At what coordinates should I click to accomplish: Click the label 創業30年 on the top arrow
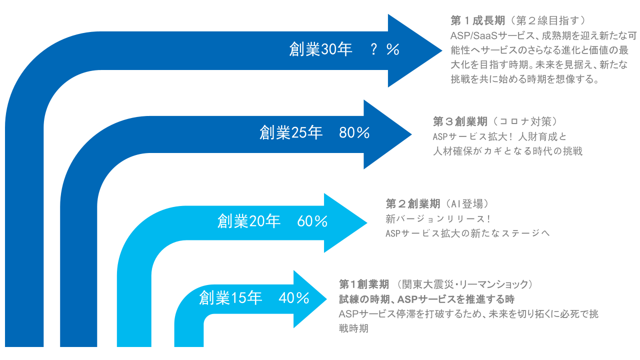320,49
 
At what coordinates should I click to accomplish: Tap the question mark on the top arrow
373,49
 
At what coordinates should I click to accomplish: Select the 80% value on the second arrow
354,133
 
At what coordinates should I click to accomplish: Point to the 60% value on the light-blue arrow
312,221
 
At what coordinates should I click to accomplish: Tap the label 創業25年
291,133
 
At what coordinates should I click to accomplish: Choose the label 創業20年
249,221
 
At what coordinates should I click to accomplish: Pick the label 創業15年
230,298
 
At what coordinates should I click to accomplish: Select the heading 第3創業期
460,121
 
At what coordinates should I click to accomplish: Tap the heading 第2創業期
413,204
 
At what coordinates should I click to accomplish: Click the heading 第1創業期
364,284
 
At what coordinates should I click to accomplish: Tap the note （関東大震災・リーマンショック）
463,284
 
